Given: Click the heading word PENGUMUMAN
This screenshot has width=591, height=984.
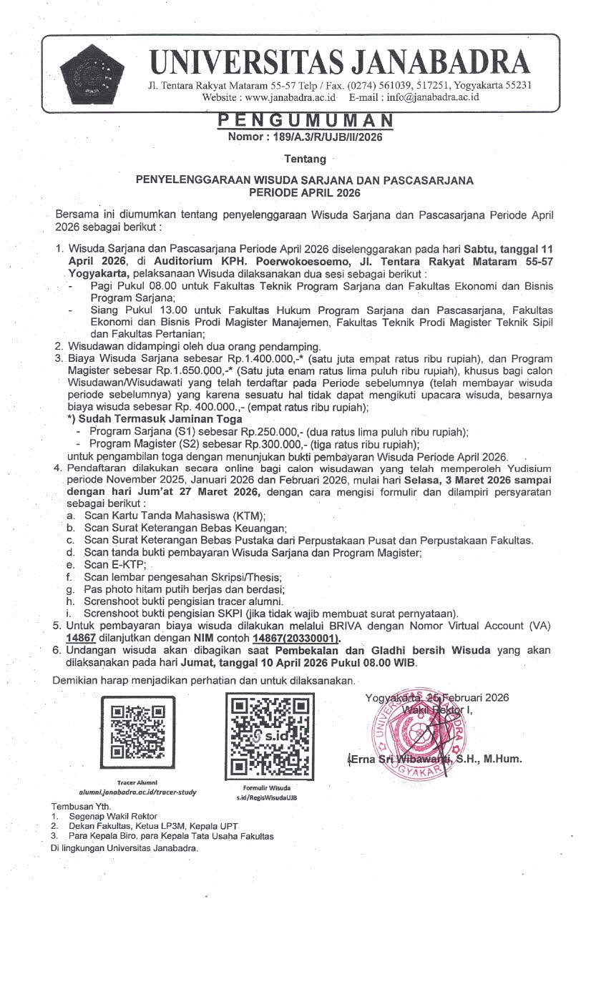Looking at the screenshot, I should click(x=305, y=120).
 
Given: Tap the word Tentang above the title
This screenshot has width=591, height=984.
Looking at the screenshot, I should click(x=305, y=159).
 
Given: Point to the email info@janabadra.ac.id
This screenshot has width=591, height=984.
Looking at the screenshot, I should click(x=431, y=97).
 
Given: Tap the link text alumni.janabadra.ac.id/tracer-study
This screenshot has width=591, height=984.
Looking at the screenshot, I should click(x=138, y=792).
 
